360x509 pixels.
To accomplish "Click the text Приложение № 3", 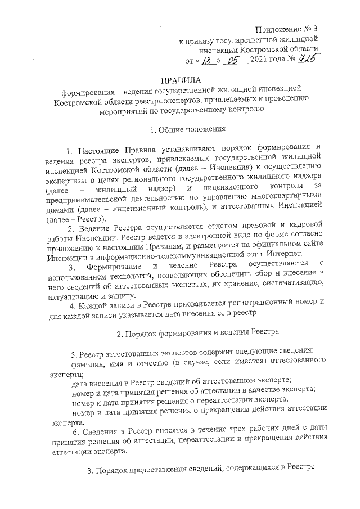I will [x=290, y=29].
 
